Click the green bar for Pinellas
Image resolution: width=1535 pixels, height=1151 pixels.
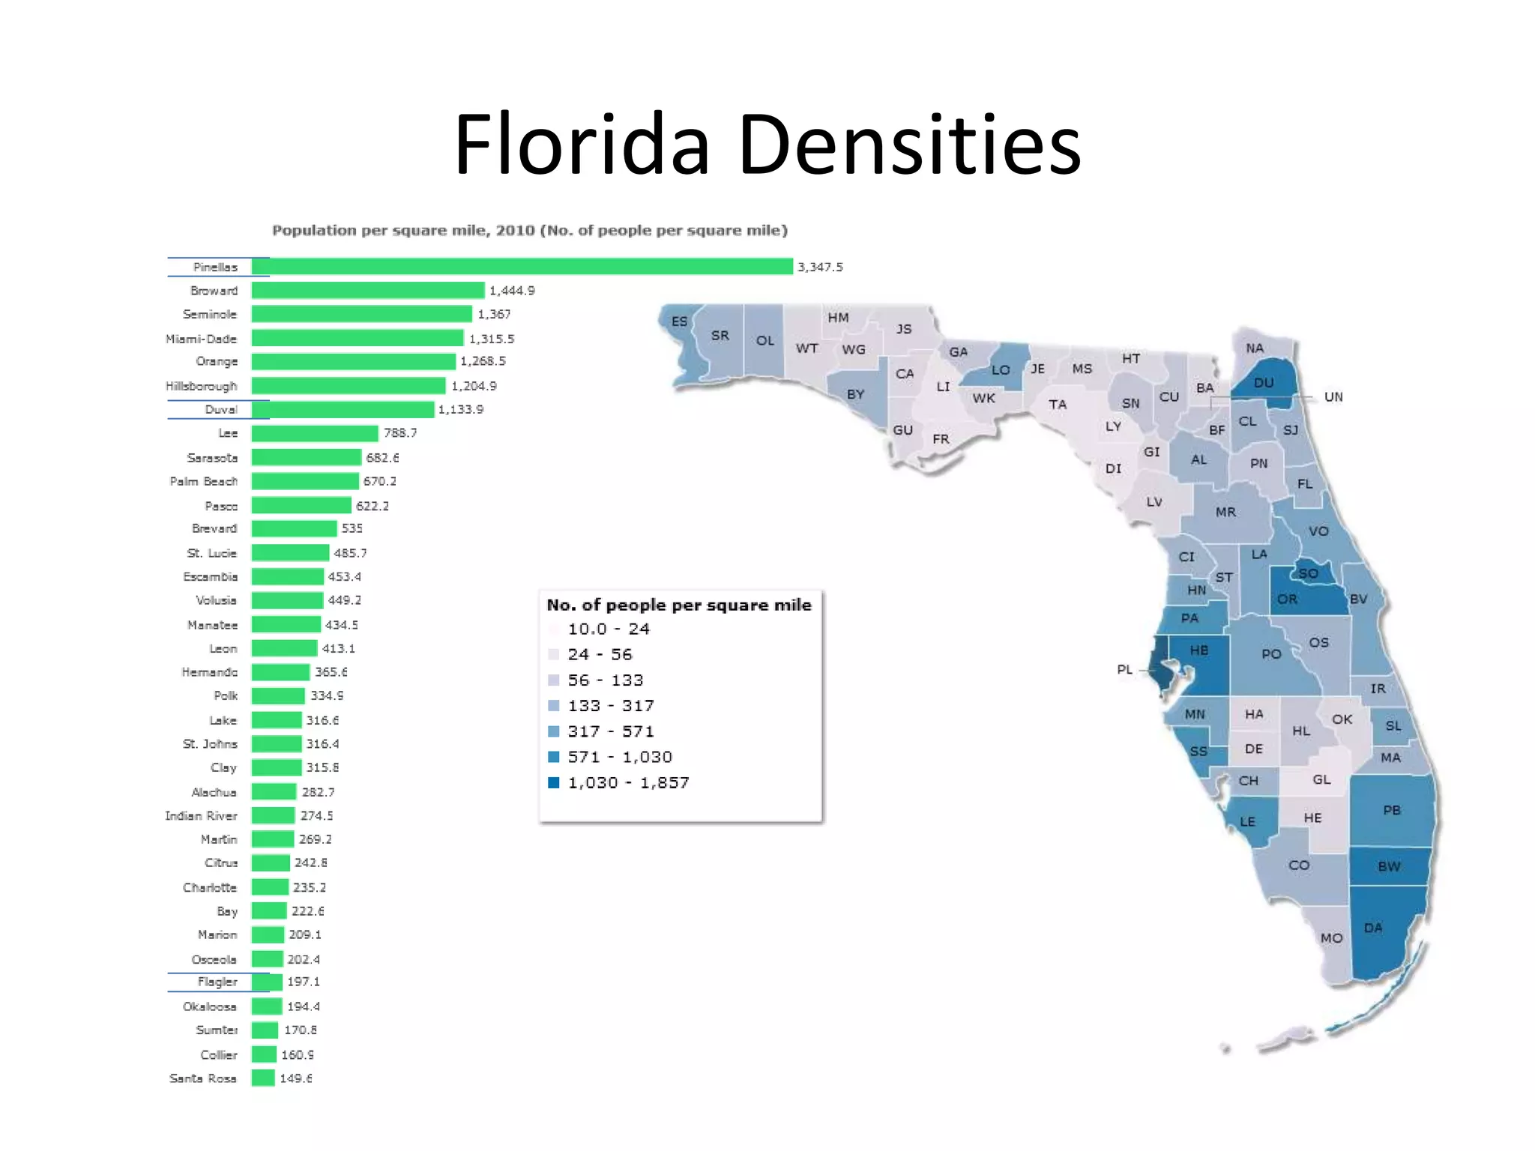click(x=522, y=267)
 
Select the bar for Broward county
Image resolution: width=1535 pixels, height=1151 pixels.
click(x=368, y=291)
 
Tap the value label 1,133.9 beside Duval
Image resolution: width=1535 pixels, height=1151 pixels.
click(x=461, y=409)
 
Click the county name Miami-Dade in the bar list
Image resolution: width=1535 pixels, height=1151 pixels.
click(x=201, y=339)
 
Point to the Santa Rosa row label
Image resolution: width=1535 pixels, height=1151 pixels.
click(x=202, y=1078)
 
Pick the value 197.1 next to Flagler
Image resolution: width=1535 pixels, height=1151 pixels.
click(x=303, y=982)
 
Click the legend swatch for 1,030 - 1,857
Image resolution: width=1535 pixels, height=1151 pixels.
click(x=554, y=782)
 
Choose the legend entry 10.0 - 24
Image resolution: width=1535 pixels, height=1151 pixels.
click(x=608, y=629)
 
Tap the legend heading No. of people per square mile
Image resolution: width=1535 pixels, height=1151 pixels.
click(x=679, y=605)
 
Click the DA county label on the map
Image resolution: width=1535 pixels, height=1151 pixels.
click(x=1373, y=928)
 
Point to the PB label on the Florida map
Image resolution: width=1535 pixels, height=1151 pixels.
click(x=1392, y=810)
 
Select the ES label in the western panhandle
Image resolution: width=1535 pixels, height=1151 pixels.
click(x=679, y=321)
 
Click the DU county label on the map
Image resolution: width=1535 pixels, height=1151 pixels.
click(x=1264, y=383)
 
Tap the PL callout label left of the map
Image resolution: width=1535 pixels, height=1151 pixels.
click(x=1124, y=669)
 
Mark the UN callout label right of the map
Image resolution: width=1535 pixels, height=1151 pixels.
click(x=1333, y=397)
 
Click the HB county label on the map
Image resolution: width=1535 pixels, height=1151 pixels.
click(x=1199, y=650)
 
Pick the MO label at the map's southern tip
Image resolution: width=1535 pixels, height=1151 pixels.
click(x=1331, y=938)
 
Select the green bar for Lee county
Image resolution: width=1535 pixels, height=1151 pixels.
click(x=315, y=433)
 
